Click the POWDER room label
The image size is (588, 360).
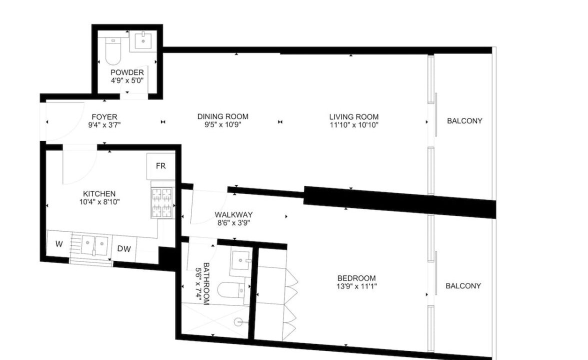(127, 72)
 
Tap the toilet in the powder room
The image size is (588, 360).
(112, 51)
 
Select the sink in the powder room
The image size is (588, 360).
(143, 41)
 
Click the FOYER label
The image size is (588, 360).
(104, 117)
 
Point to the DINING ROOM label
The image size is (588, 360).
(223, 116)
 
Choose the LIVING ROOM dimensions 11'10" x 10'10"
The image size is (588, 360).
(353, 125)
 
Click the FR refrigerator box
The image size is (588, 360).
(160, 166)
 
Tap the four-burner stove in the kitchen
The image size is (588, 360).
(162, 203)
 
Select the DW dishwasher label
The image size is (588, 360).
(124, 248)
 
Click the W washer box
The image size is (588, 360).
(59, 244)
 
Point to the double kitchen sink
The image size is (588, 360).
(94, 245)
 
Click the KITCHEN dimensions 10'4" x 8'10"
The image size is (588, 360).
(99, 202)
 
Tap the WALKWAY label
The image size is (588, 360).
(233, 215)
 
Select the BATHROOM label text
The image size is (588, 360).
(206, 283)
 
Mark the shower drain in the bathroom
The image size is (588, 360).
(238, 322)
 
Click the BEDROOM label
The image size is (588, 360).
(356, 278)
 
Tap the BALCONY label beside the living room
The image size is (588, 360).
(464, 121)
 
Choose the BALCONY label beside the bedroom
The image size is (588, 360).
(463, 286)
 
